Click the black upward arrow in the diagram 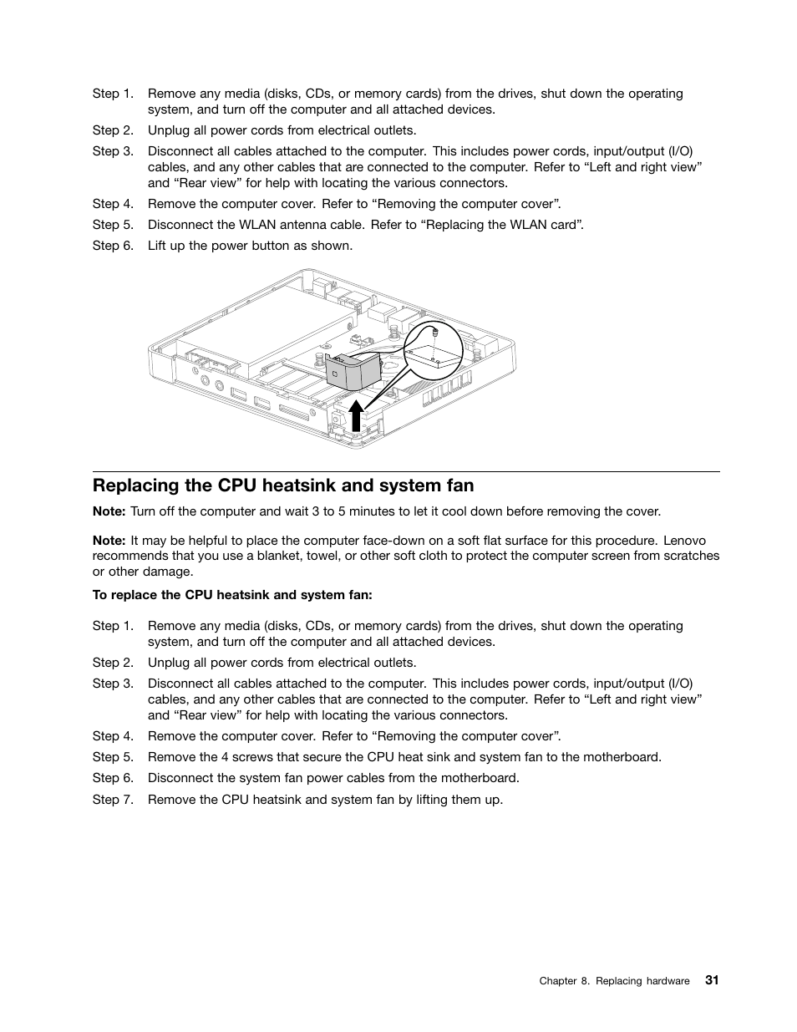pos(357,415)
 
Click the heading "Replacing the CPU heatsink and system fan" pos(283,485)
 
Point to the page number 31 pos(711,980)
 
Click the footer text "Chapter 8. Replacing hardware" pos(614,981)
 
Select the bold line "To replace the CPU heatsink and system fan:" pos(232,595)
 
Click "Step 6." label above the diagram pos(113,246)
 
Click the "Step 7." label pos(113,799)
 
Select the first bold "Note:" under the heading pos(109,511)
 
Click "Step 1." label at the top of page pos(113,94)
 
